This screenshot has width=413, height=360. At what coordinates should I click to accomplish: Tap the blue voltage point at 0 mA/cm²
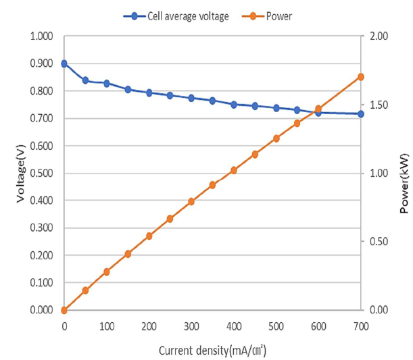(x=64, y=63)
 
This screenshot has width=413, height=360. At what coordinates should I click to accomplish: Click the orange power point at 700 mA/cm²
(x=361, y=76)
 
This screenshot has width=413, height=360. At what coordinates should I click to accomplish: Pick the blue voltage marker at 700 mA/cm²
(x=361, y=113)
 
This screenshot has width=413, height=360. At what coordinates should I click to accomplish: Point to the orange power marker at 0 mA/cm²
(x=64, y=310)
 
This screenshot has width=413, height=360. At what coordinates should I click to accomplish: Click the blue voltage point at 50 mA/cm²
(x=85, y=80)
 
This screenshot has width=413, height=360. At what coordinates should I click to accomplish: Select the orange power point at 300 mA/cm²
(x=191, y=201)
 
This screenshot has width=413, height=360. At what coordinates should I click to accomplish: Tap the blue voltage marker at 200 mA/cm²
(x=149, y=93)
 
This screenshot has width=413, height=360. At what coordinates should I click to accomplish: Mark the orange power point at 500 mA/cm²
(x=276, y=138)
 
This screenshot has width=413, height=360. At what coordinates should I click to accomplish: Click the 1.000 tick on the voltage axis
(x=41, y=36)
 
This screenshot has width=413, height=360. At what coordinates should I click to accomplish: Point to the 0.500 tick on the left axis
(x=41, y=173)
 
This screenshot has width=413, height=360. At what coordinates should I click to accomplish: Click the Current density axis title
(x=212, y=350)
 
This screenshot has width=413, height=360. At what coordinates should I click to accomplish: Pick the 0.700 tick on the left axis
(x=41, y=118)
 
